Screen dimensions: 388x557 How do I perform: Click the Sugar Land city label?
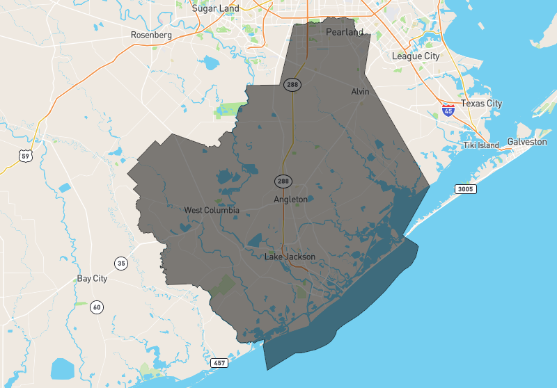point(216,8)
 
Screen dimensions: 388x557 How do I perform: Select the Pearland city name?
point(345,33)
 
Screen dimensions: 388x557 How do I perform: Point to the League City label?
point(416,56)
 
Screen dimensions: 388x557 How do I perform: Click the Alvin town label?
point(360,92)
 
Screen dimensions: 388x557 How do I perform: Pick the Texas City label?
point(481,104)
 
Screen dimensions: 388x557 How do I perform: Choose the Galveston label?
point(527,142)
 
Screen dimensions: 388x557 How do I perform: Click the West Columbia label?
point(212,210)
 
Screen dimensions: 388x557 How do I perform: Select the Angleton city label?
point(290,200)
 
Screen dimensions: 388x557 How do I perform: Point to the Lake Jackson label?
point(290,257)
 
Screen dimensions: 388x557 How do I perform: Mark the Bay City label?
point(92,279)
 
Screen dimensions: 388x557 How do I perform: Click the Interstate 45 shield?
point(448,111)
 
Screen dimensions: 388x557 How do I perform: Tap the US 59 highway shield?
point(24,157)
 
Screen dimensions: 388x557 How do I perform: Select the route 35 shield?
point(122,263)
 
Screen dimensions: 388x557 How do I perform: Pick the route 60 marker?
point(96,307)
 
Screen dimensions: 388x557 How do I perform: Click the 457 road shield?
point(219,364)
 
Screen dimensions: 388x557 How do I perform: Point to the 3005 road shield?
point(465,189)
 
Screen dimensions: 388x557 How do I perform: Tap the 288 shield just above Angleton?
point(283,181)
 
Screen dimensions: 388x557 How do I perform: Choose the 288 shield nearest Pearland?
point(292,84)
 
